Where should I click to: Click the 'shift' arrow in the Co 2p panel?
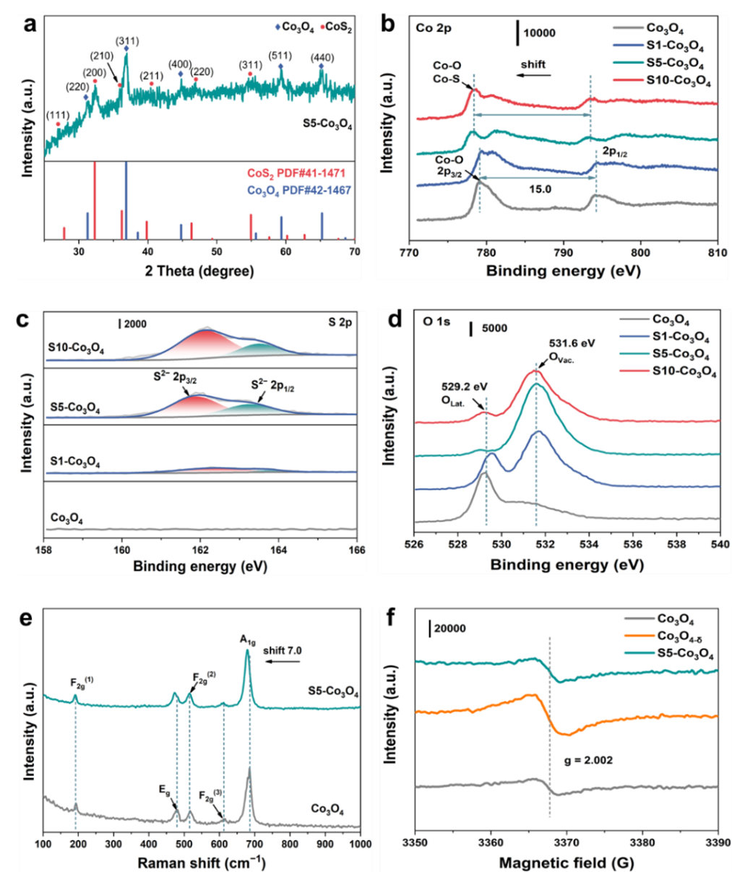pos(533,74)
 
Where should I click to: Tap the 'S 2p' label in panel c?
pos(340,323)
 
